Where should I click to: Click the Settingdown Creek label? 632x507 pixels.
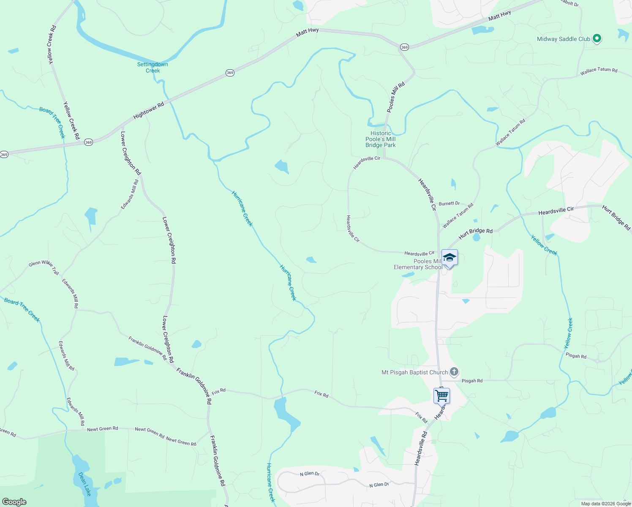point(153,67)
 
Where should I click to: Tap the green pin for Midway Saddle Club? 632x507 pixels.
point(597,38)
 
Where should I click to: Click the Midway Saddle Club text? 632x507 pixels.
point(563,39)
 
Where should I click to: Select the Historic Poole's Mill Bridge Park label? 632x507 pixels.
point(381,139)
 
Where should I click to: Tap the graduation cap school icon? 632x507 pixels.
point(449,257)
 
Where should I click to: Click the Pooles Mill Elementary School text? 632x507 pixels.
point(418,264)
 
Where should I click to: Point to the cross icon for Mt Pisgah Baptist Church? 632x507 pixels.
point(454,372)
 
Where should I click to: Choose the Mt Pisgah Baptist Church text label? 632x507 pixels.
point(414,372)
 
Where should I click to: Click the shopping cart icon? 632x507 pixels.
point(441,396)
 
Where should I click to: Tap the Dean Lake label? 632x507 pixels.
point(85,484)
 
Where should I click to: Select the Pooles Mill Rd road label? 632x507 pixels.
point(396,97)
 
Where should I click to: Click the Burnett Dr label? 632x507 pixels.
point(449,203)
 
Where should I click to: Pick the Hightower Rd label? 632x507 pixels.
point(148,111)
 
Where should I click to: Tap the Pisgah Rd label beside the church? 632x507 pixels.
point(472,381)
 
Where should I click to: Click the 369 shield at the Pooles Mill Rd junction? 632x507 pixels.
point(404,47)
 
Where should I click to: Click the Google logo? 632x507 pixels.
point(14,502)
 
